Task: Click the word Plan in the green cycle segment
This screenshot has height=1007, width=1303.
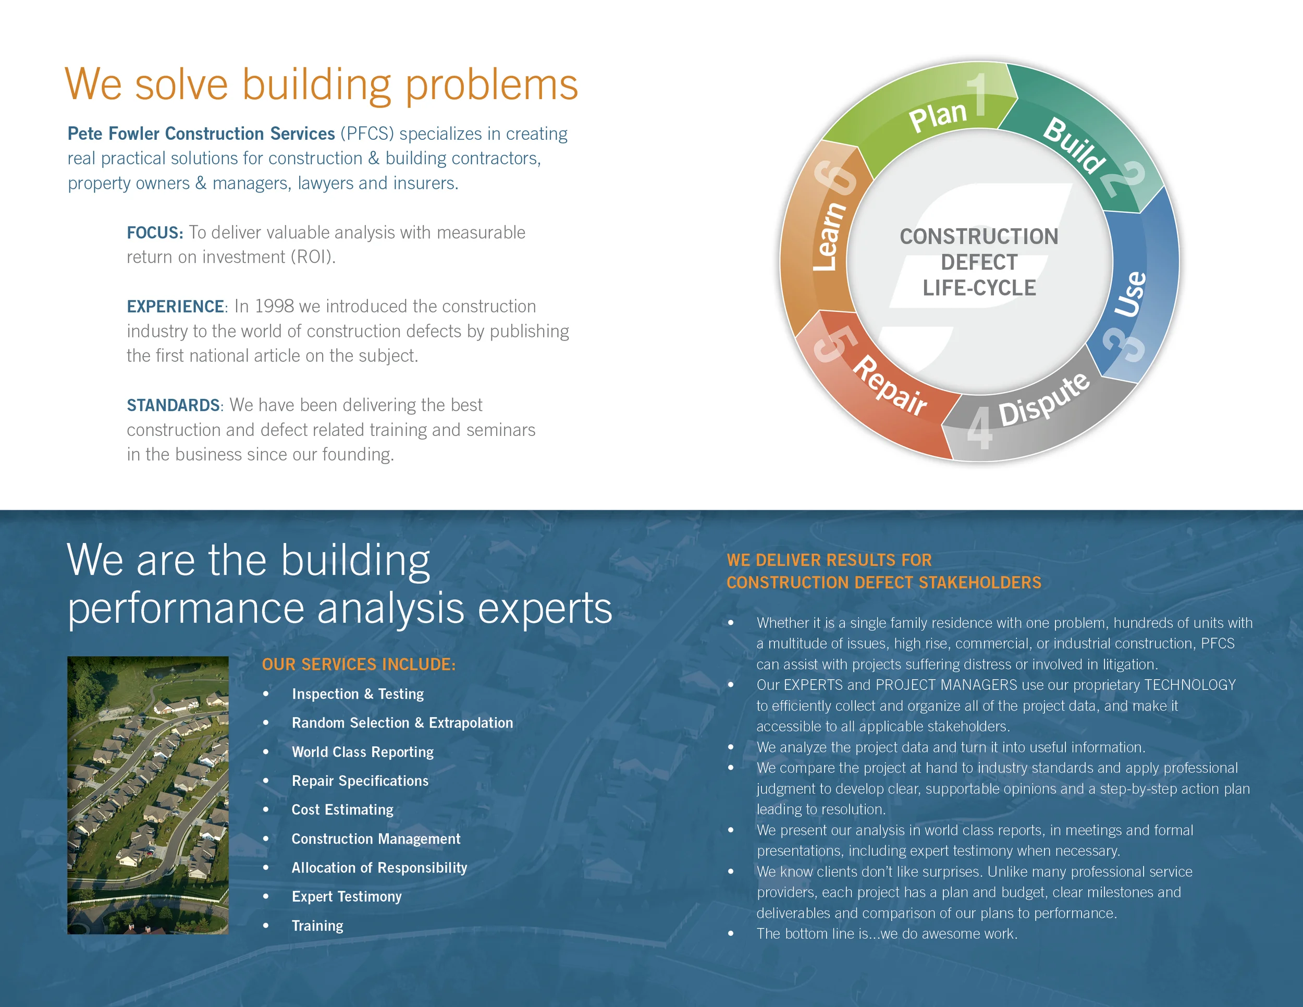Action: pos(937,115)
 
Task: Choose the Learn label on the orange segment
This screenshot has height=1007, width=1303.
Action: pos(829,236)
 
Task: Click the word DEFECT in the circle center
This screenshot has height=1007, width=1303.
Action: pos(979,262)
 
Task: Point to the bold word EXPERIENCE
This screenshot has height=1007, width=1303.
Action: pos(176,307)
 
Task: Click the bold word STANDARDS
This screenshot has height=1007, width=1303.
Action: pos(173,405)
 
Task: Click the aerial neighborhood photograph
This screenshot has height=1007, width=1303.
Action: pos(148,795)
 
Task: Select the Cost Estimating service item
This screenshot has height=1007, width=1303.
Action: pos(342,810)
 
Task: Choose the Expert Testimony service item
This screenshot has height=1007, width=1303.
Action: pos(347,896)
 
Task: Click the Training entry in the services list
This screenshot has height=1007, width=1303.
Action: pos(317,926)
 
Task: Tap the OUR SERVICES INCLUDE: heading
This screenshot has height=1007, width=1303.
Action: pos(359,664)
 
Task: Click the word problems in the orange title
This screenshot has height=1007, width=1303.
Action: pos(491,85)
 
